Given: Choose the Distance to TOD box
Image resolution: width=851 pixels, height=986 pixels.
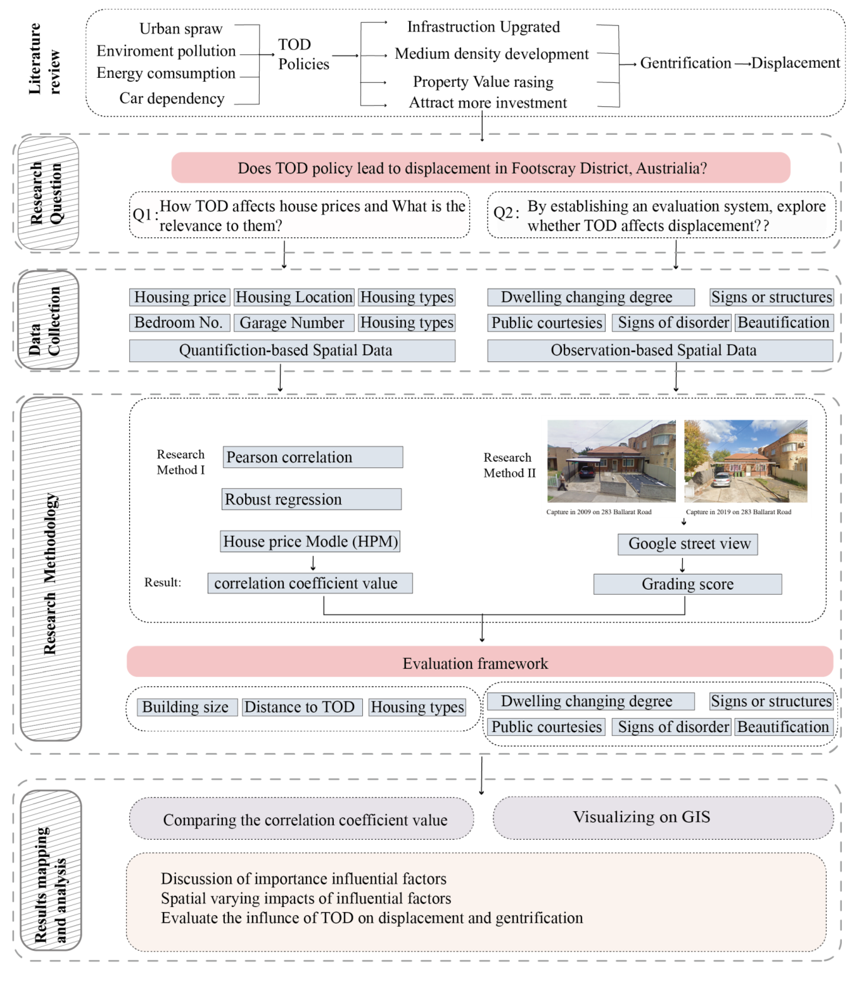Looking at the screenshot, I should click(302, 707).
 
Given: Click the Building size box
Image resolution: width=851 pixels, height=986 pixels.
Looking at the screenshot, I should click(187, 707).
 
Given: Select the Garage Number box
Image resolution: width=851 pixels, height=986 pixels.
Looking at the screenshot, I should click(294, 323).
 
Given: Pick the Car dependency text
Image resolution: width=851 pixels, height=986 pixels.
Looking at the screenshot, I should click(172, 98).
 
